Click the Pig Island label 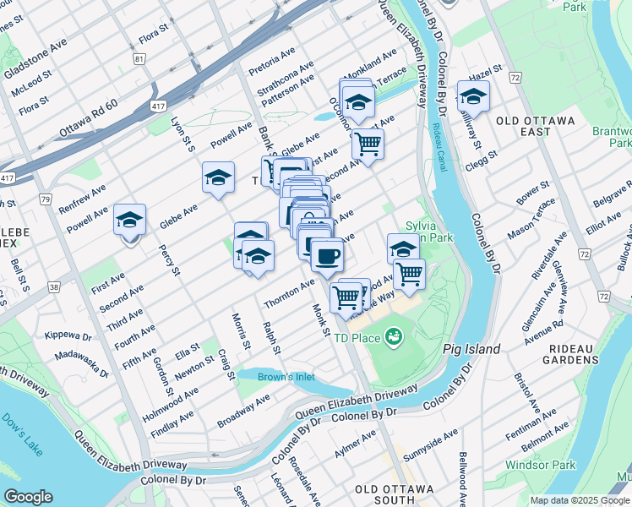tap(471, 349)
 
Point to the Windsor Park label tap(541, 465)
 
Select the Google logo tap(28, 497)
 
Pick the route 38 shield tap(54, 287)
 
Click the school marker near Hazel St tap(473, 97)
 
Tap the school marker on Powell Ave tap(129, 220)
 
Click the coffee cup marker tap(327, 254)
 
